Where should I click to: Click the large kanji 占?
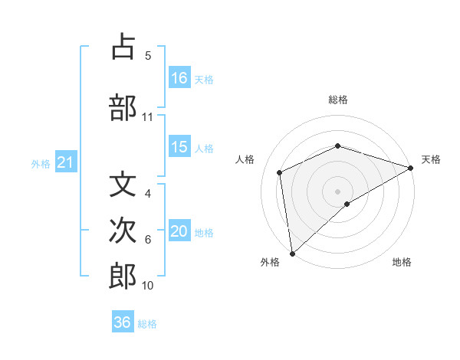123,47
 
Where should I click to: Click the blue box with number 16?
179,77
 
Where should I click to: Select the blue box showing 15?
179,147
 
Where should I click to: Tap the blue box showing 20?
179,232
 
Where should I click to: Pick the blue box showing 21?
66,162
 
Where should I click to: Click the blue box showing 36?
123,322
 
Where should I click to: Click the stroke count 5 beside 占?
148,56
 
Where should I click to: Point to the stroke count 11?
148,117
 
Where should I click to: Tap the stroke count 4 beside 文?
148,194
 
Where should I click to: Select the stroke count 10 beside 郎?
148,286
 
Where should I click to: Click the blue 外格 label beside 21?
41,163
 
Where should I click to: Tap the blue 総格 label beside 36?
147,323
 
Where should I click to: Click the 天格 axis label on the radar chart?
431,159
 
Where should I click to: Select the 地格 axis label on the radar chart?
402,262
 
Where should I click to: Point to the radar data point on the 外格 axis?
291,253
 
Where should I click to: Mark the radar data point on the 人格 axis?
280,172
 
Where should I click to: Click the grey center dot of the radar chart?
337,191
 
